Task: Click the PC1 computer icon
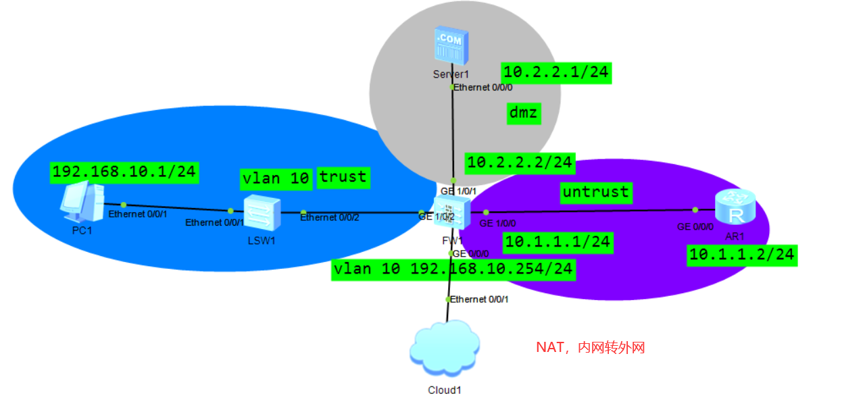(x=81, y=202)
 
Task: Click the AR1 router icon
(x=735, y=207)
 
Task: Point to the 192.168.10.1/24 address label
(x=124, y=172)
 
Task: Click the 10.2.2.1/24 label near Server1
(x=556, y=73)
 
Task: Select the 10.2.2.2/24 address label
(x=519, y=162)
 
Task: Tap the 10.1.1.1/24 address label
(x=558, y=242)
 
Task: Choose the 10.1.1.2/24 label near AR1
(x=741, y=255)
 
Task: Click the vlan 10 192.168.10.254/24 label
(x=453, y=269)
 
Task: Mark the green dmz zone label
(x=524, y=113)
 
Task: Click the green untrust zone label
(x=595, y=192)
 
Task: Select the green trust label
(x=343, y=177)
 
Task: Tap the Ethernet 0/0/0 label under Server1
(x=484, y=88)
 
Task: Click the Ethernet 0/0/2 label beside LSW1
(x=329, y=218)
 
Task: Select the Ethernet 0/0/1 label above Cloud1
(x=479, y=299)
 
